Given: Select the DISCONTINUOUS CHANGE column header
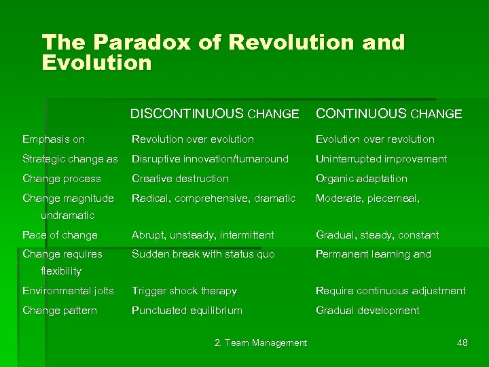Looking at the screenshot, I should [x=215, y=114].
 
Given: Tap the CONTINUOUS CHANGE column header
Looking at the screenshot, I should [x=388, y=114].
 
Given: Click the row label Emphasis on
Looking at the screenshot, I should [x=54, y=139].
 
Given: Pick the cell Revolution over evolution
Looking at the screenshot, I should [x=193, y=139].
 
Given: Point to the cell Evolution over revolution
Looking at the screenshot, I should [x=375, y=139].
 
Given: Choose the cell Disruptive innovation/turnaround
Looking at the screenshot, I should [x=210, y=159].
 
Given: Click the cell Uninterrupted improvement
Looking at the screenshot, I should [x=381, y=159].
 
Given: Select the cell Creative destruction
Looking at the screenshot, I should [x=180, y=179].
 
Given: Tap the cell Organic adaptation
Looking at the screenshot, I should [x=361, y=179].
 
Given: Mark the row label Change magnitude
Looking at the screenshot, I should [x=68, y=198].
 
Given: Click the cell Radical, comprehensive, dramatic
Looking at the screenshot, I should [x=213, y=198].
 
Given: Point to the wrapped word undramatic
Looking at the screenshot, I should [x=67, y=215].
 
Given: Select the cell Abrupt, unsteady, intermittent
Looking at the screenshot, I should [x=202, y=235].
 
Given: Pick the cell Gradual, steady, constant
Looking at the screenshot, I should [x=377, y=235].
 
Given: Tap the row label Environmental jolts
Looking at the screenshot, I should [x=68, y=291].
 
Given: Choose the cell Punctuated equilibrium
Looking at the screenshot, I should [x=187, y=311].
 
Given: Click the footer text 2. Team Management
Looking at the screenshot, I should [x=260, y=343].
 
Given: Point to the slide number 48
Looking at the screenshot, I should [x=462, y=343].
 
